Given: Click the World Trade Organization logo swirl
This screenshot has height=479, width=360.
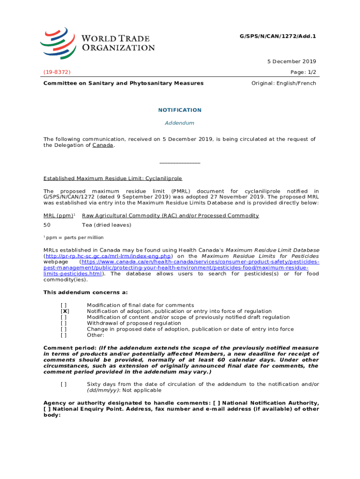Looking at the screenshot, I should click(x=58, y=43).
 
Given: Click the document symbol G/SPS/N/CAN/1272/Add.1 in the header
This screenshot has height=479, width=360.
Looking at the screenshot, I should click(x=281, y=36).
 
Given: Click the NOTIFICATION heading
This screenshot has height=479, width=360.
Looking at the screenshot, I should click(x=180, y=110).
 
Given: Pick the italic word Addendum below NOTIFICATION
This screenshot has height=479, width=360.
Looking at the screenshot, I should click(x=180, y=123).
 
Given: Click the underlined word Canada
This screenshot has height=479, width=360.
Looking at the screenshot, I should click(x=103, y=145).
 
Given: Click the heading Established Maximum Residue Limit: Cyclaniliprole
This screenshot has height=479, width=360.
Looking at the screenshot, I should click(x=113, y=178).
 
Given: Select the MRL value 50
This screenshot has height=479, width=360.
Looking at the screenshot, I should click(x=47, y=225).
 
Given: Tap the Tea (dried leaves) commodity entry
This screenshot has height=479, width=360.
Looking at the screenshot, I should click(x=107, y=225).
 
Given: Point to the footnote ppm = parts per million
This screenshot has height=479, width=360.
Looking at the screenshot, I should click(x=75, y=238).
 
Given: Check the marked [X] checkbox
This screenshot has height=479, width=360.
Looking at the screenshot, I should click(x=65, y=311).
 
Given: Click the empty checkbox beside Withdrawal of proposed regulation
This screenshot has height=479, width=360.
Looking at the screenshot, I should click(x=63, y=323).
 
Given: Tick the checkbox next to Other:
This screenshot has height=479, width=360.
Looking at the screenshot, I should click(x=63, y=335).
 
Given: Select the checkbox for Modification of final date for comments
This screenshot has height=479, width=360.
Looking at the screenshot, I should click(x=63, y=305).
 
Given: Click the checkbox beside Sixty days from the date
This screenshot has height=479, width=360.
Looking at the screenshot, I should click(x=63, y=384).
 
